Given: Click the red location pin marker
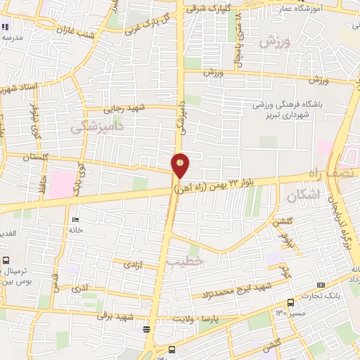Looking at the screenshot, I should (x=180, y=165).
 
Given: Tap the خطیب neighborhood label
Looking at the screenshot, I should (x=186, y=260).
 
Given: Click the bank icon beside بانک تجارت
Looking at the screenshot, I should (x=321, y=285).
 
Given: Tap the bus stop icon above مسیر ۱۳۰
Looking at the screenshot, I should (x=290, y=302).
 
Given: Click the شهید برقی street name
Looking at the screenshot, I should (x=114, y=316).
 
